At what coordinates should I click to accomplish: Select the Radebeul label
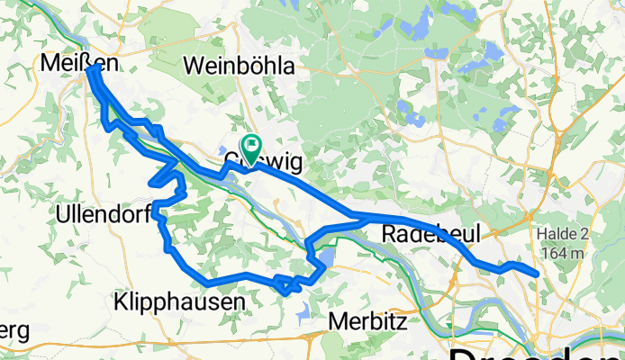tap(428, 234)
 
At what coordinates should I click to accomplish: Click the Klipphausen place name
tap(179, 302)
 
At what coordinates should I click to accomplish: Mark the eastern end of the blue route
tap(538, 274)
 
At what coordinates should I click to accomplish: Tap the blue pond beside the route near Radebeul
tap(325, 261)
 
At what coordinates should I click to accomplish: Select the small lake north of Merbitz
tap(302, 311)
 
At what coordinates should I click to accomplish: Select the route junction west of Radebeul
tap(357, 217)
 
